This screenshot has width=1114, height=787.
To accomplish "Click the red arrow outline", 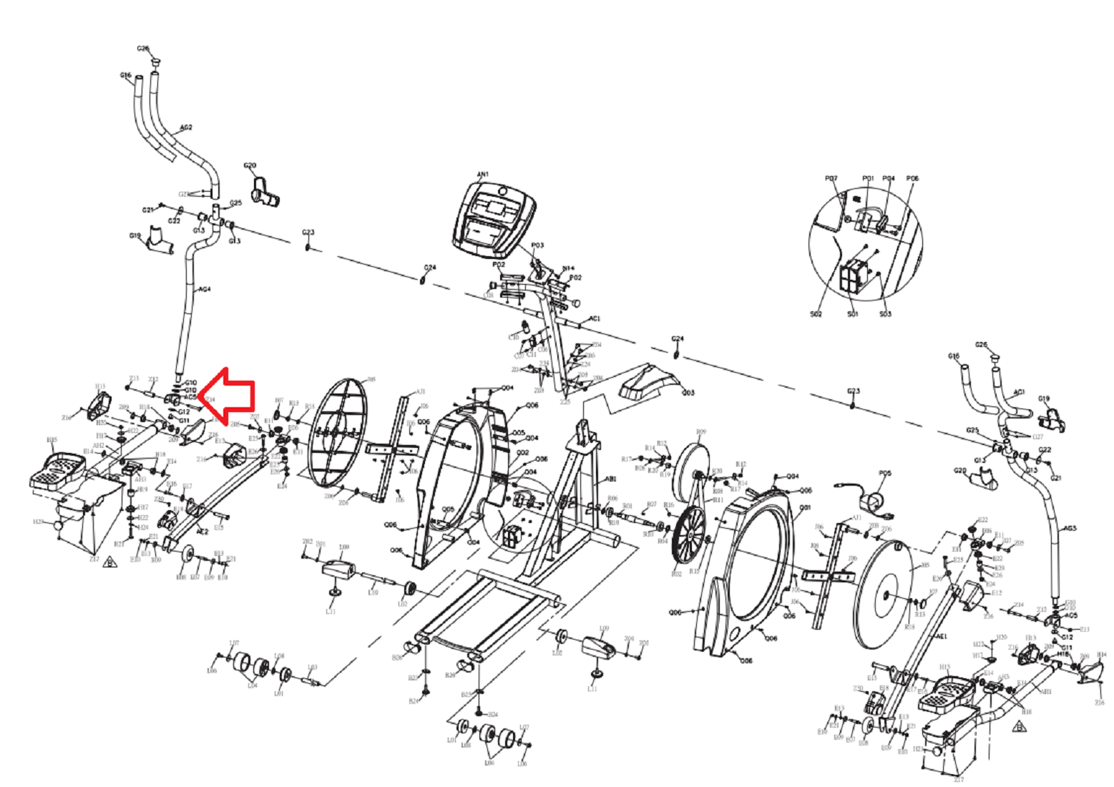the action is (x=229, y=394).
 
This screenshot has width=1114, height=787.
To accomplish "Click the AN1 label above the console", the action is (x=483, y=174).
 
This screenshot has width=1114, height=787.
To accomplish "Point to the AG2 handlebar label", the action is (x=185, y=127).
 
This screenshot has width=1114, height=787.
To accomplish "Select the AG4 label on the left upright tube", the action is (x=204, y=289).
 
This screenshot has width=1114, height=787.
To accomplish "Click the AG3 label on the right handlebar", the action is (x=1070, y=528).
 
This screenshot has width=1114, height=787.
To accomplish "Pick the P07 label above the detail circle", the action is (x=831, y=178).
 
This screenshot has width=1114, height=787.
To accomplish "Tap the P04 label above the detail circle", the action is (x=888, y=178).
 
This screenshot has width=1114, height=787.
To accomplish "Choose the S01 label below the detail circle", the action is (x=852, y=314).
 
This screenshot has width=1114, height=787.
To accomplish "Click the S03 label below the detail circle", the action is (x=885, y=314).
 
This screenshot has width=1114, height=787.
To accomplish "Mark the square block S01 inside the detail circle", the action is (x=854, y=275).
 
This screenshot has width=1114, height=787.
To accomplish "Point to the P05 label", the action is (x=885, y=473).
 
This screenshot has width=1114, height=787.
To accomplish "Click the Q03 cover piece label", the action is (x=688, y=393).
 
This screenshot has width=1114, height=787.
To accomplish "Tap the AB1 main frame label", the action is (x=611, y=480).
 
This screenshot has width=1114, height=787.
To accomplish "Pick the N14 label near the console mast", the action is (x=568, y=268).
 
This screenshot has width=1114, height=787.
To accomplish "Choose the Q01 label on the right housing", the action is (x=805, y=507).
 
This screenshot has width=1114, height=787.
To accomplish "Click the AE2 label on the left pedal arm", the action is (x=202, y=532).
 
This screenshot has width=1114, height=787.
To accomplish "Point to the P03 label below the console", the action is (x=537, y=245).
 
